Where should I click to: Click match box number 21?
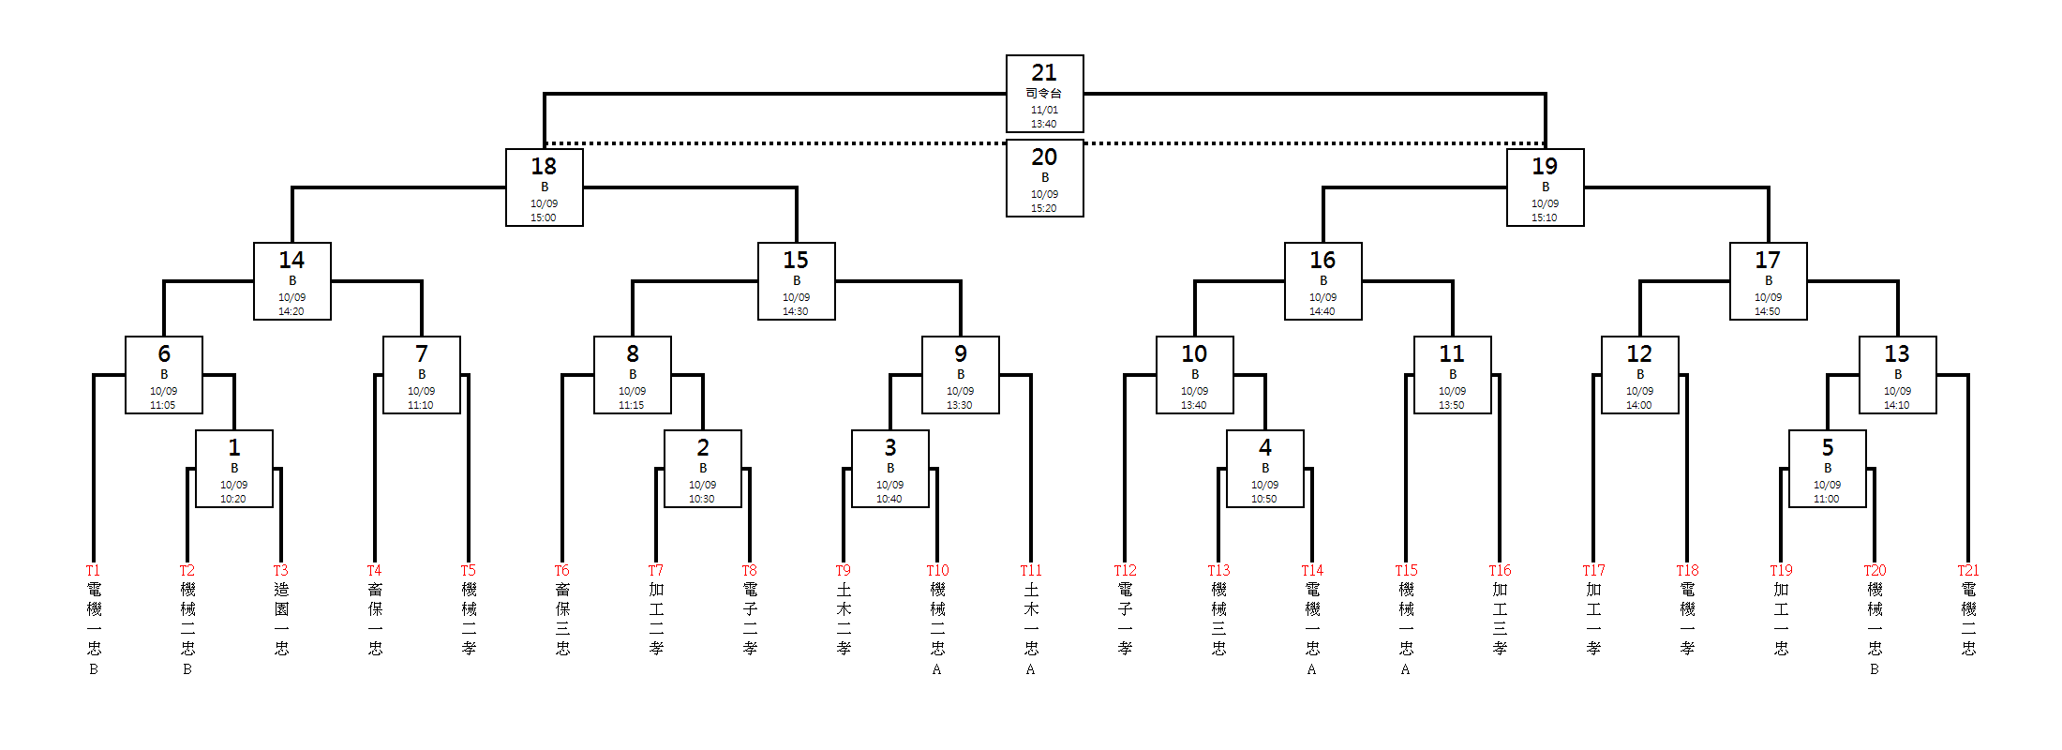(x=1044, y=93)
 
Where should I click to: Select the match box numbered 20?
(x=1044, y=178)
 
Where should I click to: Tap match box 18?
(x=544, y=187)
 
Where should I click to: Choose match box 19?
(x=1545, y=187)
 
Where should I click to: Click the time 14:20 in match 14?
(x=291, y=311)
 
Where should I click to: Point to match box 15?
(x=796, y=281)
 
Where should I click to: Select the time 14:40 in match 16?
(x=1322, y=311)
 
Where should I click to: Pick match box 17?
(x=1768, y=281)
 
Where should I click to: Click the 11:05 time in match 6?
(x=163, y=405)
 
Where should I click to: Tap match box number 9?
(x=960, y=375)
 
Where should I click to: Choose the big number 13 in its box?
(x=1897, y=353)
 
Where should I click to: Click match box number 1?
(x=233, y=469)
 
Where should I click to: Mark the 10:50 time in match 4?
(x=1264, y=499)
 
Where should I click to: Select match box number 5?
(x=1827, y=469)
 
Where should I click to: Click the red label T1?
(x=93, y=570)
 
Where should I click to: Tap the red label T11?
(x=1031, y=570)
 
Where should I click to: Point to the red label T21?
(x=1968, y=570)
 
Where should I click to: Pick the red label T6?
(x=561, y=570)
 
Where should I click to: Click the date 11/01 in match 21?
(x=1044, y=110)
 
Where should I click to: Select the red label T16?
(x=1500, y=570)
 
